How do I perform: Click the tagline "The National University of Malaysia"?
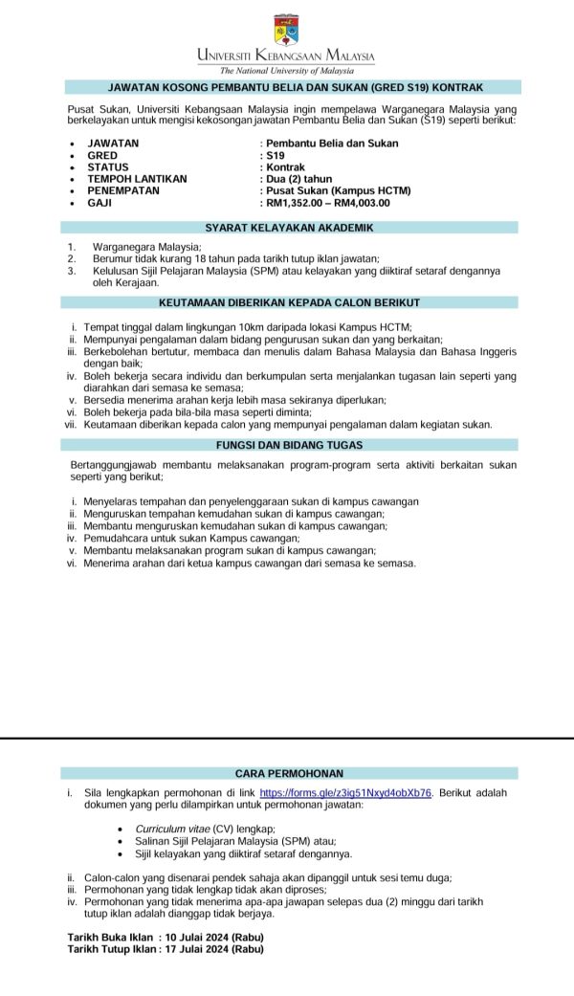point(286,70)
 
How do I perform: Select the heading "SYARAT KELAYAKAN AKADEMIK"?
point(289,228)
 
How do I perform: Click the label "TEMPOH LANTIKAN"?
point(137,179)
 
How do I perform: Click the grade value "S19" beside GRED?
point(276,155)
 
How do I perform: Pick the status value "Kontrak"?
point(285,166)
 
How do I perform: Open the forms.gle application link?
point(346,793)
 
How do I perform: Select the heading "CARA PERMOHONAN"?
point(289,772)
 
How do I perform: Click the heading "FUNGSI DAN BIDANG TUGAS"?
point(289,445)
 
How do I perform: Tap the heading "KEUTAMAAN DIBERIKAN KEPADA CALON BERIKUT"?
point(289,302)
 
